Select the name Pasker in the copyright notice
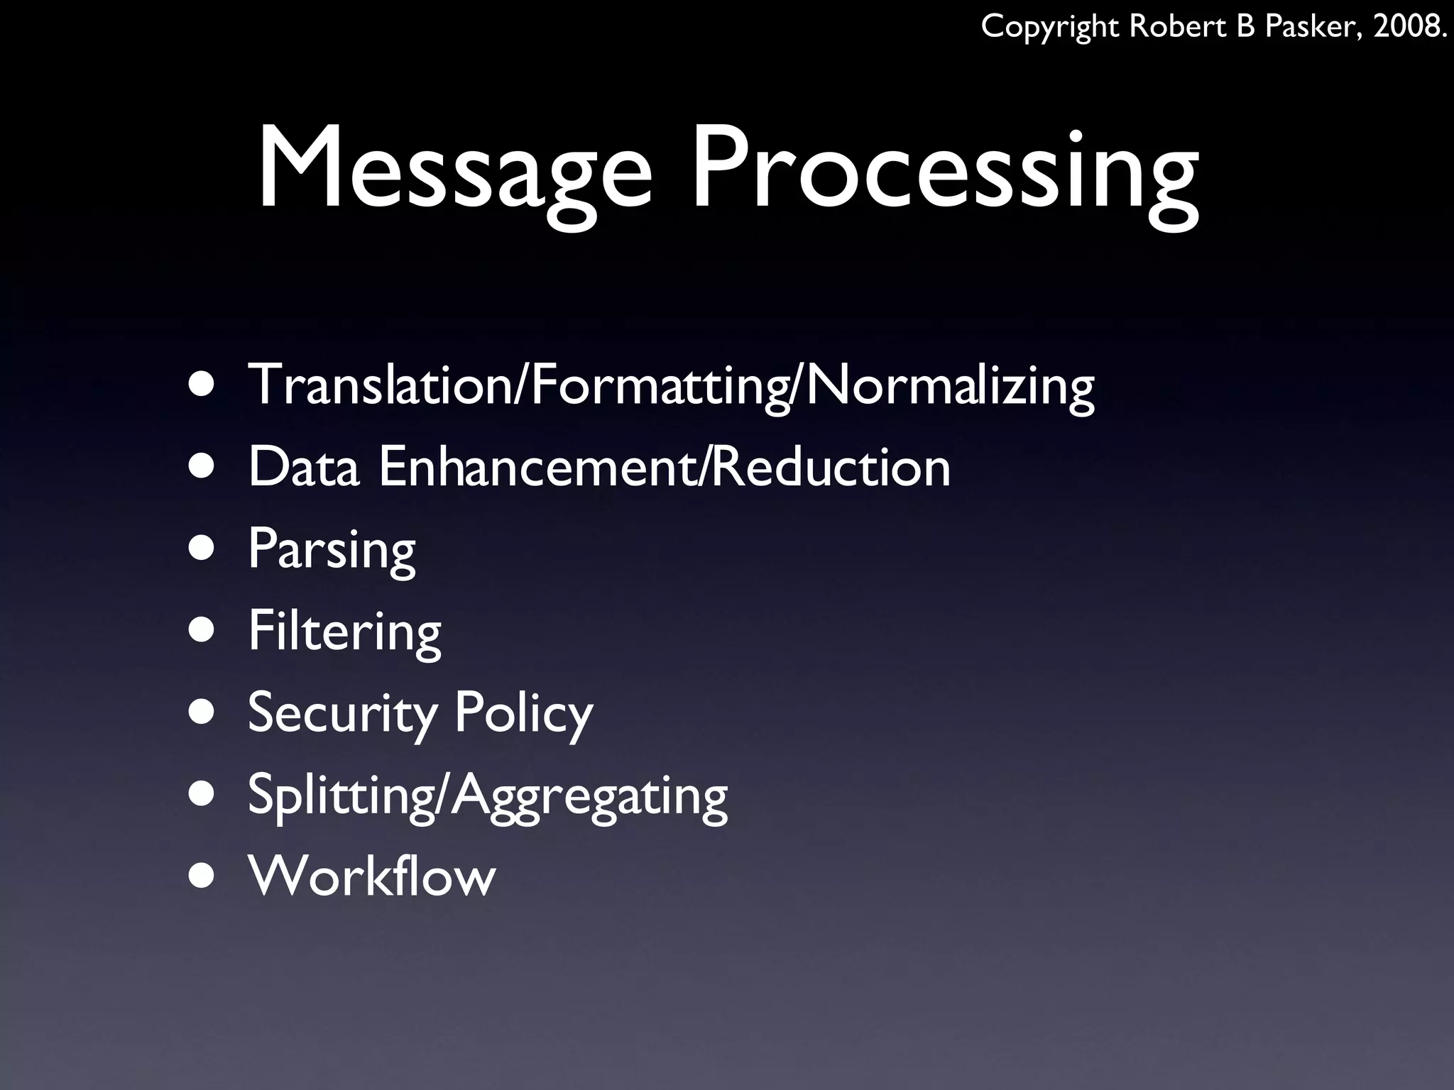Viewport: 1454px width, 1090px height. pos(1316,26)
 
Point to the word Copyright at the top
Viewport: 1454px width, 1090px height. pos(1050,28)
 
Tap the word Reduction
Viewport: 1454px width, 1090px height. pos(831,467)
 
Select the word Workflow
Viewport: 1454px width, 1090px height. pos(371,876)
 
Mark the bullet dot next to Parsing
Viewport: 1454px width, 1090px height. pos(202,549)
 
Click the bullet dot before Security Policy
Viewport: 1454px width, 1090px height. pos(202,712)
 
